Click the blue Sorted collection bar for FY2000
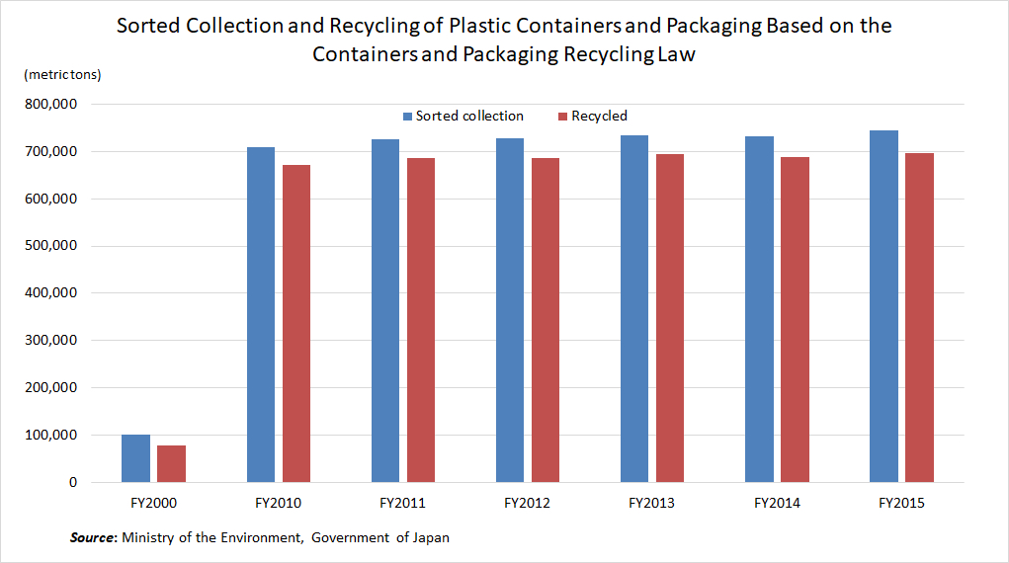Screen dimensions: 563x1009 pos(135,458)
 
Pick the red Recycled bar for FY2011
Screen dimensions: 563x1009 pos(420,320)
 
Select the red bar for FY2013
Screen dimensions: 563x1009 pos(669,318)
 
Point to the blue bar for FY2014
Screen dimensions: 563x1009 pos(759,309)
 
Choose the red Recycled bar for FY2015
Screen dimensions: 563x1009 pos(919,318)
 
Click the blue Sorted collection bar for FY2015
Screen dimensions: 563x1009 pos(883,306)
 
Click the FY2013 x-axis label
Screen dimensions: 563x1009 pos(651,504)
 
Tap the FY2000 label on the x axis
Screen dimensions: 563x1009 pos(153,504)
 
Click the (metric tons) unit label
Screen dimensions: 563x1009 pos(61,75)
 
